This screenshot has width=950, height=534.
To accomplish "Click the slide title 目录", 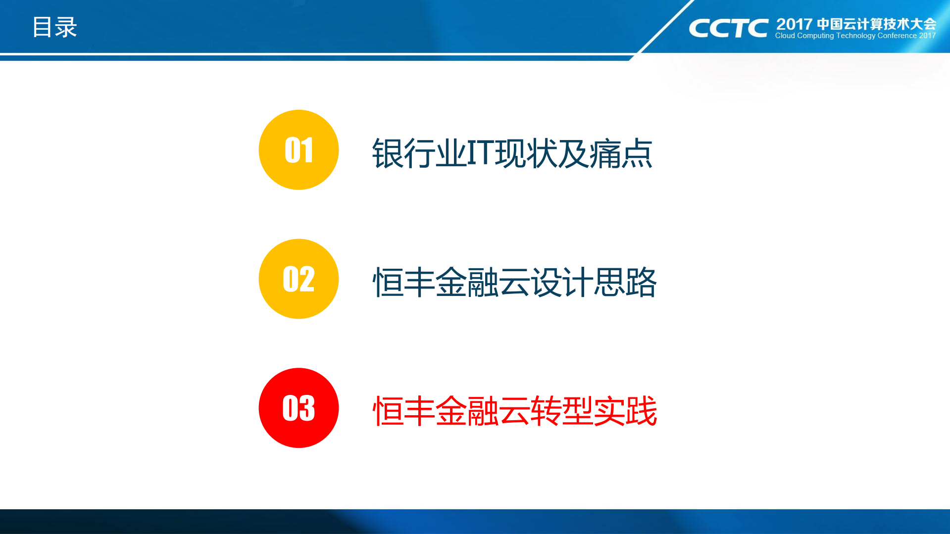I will (x=54, y=27).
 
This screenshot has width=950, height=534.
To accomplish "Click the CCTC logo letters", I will (x=728, y=28).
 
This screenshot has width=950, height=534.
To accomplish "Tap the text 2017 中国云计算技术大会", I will (x=856, y=24).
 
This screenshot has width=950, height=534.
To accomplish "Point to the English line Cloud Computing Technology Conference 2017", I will (x=855, y=36).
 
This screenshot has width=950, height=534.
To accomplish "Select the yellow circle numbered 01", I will (x=299, y=150).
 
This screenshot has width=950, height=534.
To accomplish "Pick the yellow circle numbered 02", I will (x=299, y=279).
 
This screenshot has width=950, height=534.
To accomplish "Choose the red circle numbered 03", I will (x=299, y=408).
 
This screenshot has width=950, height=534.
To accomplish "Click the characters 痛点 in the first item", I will (x=621, y=153).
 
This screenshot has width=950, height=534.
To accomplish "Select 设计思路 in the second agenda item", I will (x=594, y=282).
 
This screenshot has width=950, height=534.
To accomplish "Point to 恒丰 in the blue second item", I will (x=403, y=282).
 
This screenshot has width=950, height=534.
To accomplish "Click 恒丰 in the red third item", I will (x=403, y=411).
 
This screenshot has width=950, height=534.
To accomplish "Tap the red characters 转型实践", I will (x=594, y=411).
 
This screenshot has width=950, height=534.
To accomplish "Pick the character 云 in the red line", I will (x=514, y=411).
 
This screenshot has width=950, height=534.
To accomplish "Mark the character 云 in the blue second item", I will (x=514, y=282).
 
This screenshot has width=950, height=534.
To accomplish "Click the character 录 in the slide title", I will (x=66, y=27).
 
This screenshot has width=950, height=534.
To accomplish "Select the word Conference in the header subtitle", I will (x=897, y=36).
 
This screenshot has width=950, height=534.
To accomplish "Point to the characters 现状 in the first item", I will (x=526, y=153).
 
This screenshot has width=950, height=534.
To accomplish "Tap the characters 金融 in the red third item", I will (x=467, y=411).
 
